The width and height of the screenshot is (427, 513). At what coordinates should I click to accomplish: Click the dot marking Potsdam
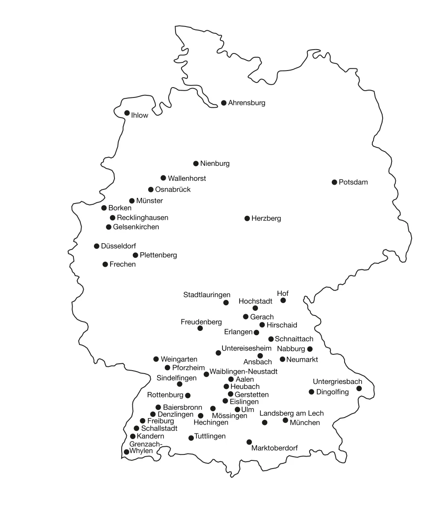coord(334,182)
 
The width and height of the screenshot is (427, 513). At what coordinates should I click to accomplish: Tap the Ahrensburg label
coord(246,103)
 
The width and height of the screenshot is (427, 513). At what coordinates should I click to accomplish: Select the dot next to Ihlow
coord(127,113)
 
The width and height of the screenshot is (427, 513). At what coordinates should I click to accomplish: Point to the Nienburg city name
coord(215,163)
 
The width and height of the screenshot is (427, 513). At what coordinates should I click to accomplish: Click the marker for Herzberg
coord(247,218)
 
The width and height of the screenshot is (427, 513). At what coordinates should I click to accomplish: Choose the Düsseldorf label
coord(118,246)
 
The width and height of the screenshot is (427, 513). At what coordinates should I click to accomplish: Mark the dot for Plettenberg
coord(135,255)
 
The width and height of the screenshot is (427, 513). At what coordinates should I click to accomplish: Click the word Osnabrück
coord(173,189)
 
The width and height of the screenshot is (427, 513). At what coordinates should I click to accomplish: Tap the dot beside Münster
coord(132,200)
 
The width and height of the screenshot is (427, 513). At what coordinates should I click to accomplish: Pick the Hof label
coord(283,293)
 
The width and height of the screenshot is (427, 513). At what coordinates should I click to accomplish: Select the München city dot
coord(285,420)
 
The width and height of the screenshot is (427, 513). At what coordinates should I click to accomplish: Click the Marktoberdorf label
coord(275,448)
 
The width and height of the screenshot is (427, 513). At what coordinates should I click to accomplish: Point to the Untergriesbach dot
coord(359,388)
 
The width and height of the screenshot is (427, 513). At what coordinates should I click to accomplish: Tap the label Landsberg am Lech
coord(292,413)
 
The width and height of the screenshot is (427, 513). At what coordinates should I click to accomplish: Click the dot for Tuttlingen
coord(191,438)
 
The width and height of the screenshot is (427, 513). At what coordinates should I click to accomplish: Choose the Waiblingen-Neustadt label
coord(243,371)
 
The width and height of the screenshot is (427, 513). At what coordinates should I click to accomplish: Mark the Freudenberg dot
coord(200,328)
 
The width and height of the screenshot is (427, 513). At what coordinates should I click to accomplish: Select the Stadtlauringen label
coord(207,295)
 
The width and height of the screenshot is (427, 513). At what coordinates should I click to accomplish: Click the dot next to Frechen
coord(105,264)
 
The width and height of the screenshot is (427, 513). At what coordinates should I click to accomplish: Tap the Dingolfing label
coord(332,392)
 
